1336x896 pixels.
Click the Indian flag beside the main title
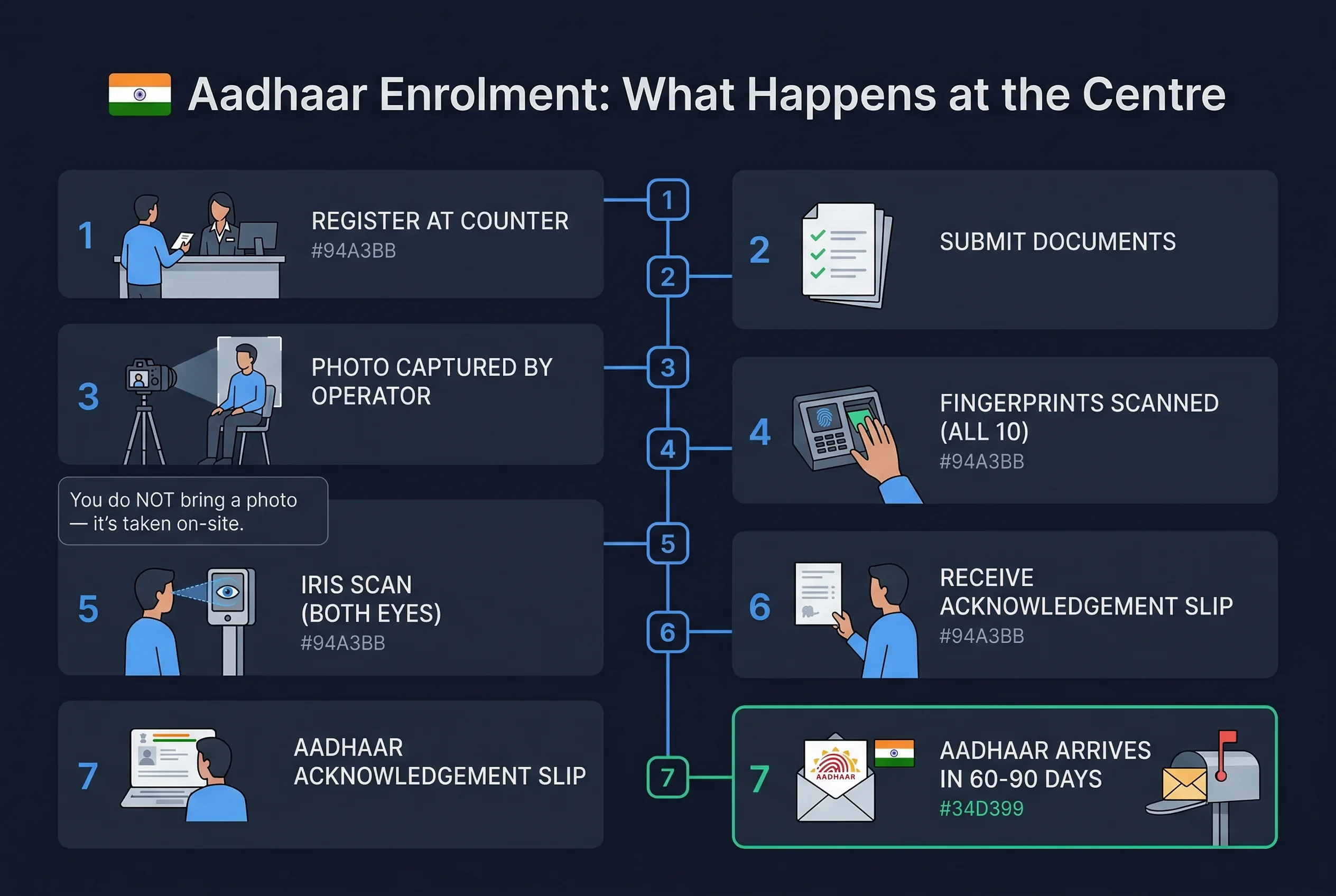(x=140, y=94)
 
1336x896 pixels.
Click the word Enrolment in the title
(x=495, y=94)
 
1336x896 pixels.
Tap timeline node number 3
(x=667, y=367)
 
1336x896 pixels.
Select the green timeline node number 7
(x=667, y=777)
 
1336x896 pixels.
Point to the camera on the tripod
(x=147, y=377)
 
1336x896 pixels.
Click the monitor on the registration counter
(x=257, y=237)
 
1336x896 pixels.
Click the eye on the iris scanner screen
(x=228, y=591)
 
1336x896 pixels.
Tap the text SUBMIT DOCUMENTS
(x=1057, y=242)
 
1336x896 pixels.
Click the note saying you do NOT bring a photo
(x=193, y=511)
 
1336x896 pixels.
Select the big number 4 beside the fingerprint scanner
(x=760, y=432)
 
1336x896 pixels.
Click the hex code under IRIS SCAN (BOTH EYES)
(x=342, y=643)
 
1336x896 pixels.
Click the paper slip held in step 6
(x=818, y=593)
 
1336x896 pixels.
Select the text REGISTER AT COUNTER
(x=440, y=221)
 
